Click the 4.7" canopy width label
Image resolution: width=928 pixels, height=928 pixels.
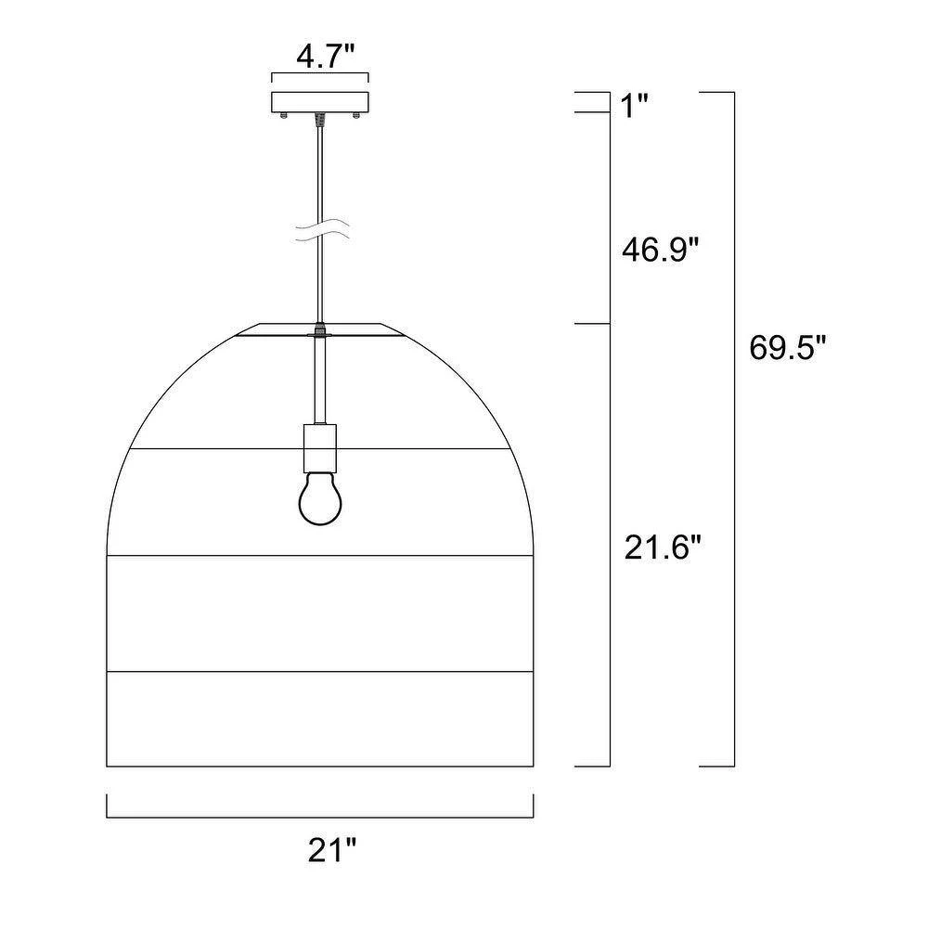point(325,57)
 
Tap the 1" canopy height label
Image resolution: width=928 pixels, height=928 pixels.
point(636,107)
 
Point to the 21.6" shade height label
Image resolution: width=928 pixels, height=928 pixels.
point(663,548)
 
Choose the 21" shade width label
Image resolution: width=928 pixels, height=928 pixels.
point(332,851)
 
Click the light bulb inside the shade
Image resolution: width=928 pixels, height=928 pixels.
point(320,497)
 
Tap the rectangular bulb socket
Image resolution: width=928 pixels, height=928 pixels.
point(319,448)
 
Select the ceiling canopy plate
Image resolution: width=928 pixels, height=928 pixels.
point(320,102)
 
